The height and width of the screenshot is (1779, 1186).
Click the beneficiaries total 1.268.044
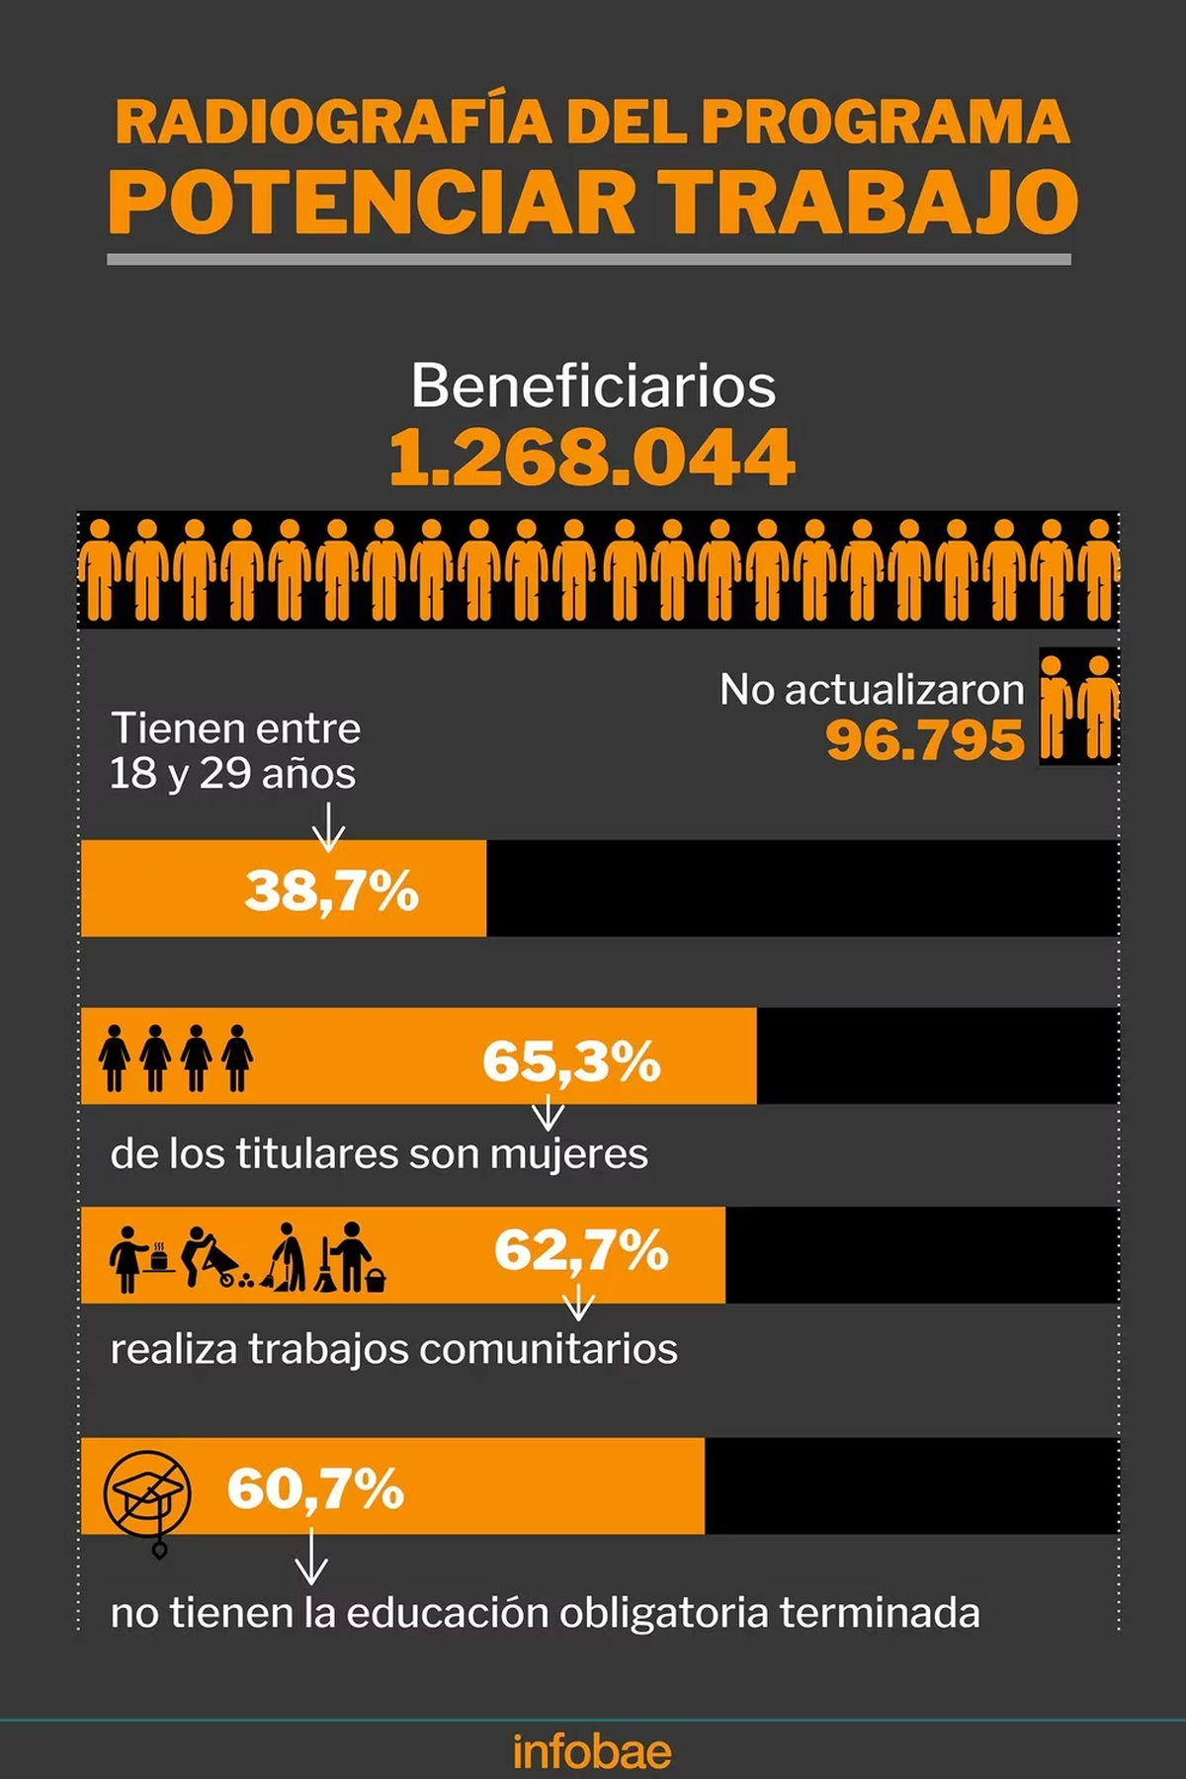[592, 458]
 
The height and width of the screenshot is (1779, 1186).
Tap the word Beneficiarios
[593, 385]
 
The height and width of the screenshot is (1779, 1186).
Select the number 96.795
[925, 740]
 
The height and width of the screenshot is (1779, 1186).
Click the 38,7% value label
[332, 890]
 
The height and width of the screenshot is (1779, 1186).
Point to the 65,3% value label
[571, 1061]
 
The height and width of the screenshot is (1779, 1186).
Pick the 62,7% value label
[581, 1250]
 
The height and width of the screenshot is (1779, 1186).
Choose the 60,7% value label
[315, 1488]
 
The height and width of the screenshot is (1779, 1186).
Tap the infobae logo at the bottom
[592, 1752]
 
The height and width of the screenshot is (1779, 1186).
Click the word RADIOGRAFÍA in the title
[333, 123]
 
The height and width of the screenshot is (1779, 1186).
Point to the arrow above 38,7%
[328, 825]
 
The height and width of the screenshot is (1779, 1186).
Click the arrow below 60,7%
[311, 1558]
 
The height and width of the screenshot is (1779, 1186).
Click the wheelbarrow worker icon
[211, 1257]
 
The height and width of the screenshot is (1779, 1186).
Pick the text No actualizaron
[872, 690]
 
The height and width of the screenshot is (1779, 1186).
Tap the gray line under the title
[589, 259]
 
